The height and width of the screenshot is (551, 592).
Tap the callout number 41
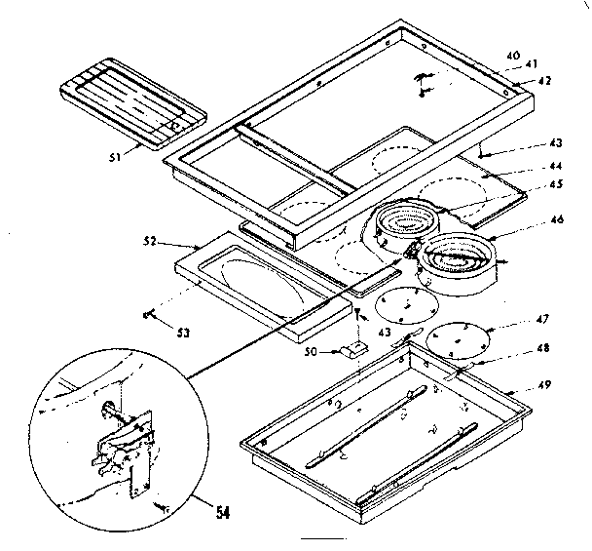531,66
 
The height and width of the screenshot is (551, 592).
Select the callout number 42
544,81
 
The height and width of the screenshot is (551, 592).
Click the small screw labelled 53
149,314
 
